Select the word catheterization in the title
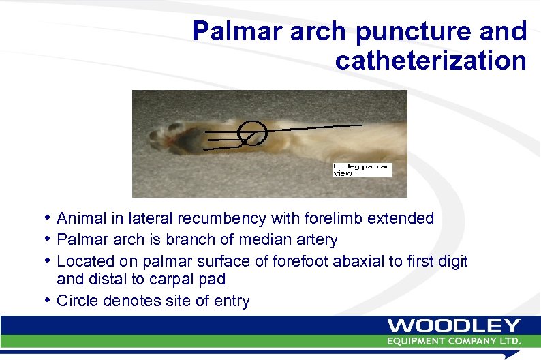(431, 60)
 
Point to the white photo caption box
(362, 170)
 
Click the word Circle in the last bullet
(76, 301)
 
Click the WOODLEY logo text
(454, 326)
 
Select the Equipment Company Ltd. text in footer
(454, 340)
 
